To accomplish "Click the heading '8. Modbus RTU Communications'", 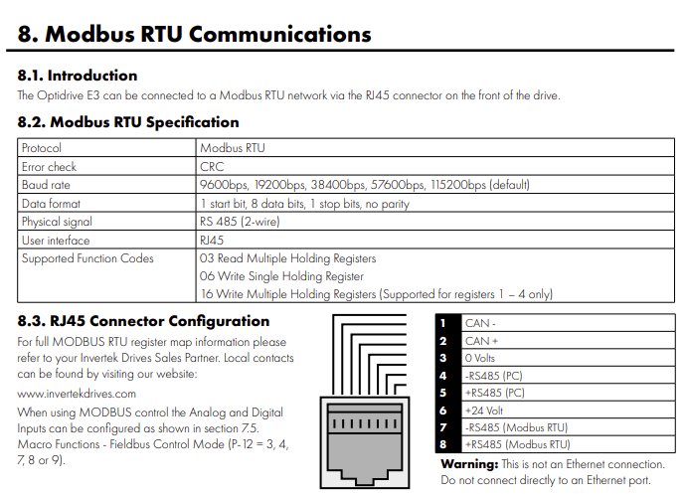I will (195, 34).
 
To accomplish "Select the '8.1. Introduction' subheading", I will (78, 76).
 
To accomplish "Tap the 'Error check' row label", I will (49, 167).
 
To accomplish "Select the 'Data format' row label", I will (51, 203).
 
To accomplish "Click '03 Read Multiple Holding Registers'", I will (288, 258).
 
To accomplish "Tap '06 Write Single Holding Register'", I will (282, 276).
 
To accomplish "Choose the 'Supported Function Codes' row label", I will (87, 258).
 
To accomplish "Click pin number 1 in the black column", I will (443, 323).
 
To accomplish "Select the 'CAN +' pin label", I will (483, 340).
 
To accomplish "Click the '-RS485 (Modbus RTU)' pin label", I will (517, 426).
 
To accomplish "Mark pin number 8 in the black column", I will (443, 444).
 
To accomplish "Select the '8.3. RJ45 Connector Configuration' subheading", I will (143, 321).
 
